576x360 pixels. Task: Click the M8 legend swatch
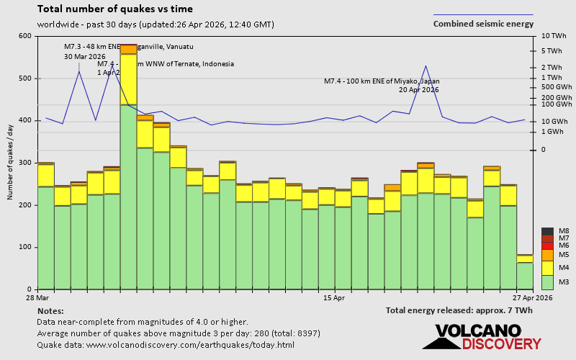coord(547,231)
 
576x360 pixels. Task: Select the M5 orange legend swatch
coord(547,255)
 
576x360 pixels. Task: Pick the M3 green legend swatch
coord(547,281)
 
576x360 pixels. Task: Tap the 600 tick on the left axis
coord(25,36)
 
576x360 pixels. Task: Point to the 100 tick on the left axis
coord(25,247)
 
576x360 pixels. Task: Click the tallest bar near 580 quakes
coord(128,166)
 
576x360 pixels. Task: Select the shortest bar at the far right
coord(525,274)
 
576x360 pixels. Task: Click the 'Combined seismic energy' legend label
coord(483,24)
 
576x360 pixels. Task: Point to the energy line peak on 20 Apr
coord(426,66)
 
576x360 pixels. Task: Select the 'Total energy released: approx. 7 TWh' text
coord(459,310)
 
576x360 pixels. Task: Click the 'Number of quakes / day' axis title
coord(11,162)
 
